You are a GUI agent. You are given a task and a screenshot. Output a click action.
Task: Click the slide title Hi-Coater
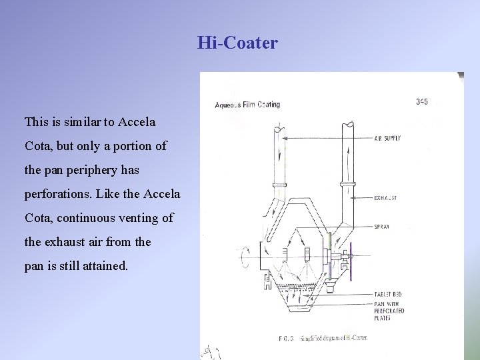click(x=237, y=44)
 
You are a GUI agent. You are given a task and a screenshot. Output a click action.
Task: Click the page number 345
click(x=421, y=102)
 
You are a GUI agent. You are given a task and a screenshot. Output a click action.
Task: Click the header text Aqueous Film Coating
click(x=247, y=104)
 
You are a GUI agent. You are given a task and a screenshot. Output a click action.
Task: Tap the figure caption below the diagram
click(x=323, y=338)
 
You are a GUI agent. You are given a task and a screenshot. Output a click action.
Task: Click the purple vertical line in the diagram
click(x=351, y=257)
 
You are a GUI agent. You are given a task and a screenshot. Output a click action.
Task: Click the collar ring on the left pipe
click(x=279, y=185)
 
